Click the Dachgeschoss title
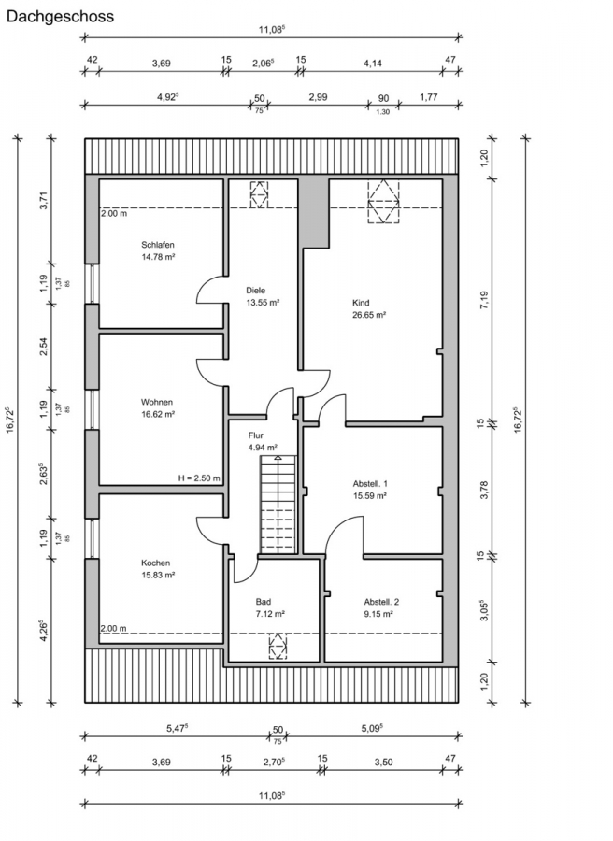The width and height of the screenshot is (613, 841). click(x=60, y=17)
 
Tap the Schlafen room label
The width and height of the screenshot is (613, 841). click(x=158, y=245)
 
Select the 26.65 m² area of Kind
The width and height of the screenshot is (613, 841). click(x=369, y=315)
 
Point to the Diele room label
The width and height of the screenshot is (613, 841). click(x=255, y=291)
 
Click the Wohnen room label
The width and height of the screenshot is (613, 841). click(x=157, y=402)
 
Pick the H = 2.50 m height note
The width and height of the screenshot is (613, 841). click(x=199, y=478)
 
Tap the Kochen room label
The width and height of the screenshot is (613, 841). click(x=155, y=563)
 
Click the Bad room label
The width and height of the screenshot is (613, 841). click(x=264, y=601)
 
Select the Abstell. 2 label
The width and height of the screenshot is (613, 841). click(x=381, y=601)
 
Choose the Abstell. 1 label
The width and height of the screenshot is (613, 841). click(x=370, y=483)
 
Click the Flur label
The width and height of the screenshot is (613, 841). click(x=256, y=435)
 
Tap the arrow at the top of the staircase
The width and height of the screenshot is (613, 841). click(x=278, y=459)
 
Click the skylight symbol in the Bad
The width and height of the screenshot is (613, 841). click(x=278, y=646)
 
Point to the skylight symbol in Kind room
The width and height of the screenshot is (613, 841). click(x=383, y=202)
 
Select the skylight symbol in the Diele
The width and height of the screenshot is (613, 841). click(x=259, y=194)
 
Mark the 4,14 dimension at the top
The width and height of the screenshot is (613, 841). click(x=373, y=64)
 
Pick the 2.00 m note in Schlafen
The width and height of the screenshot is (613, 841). click(x=114, y=213)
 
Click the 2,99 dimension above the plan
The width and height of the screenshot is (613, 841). click(x=318, y=97)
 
